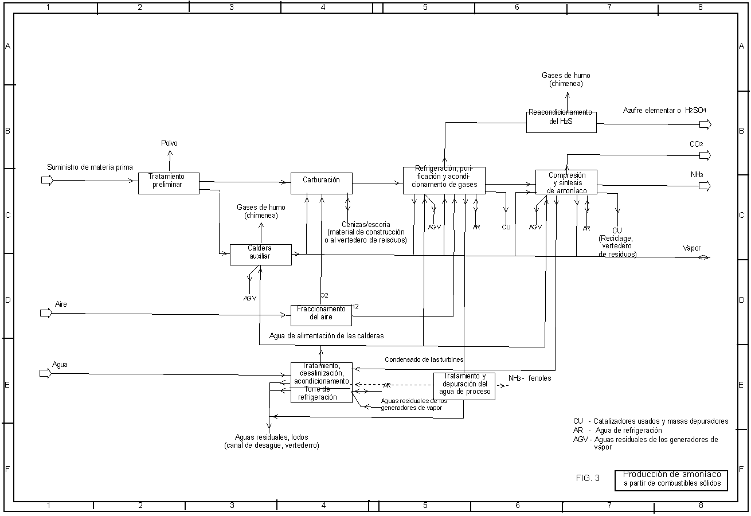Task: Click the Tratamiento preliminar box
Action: coord(169,183)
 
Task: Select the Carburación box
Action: coord(321,183)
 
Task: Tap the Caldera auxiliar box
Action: coord(260,255)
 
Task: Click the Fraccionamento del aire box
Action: coord(321,315)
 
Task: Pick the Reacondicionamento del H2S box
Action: coord(561,122)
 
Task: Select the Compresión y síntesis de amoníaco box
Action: coord(566,182)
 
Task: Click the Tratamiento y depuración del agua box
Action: coord(464,386)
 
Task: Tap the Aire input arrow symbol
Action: coord(46,313)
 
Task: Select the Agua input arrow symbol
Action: coord(46,373)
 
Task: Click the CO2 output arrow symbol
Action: coord(705,155)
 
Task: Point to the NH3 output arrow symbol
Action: coord(705,186)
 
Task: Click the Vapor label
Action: coord(691,248)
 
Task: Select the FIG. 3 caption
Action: coord(588,478)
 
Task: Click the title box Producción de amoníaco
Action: coord(671,480)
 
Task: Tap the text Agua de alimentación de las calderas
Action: coord(326,335)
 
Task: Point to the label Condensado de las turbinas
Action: coord(424,359)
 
